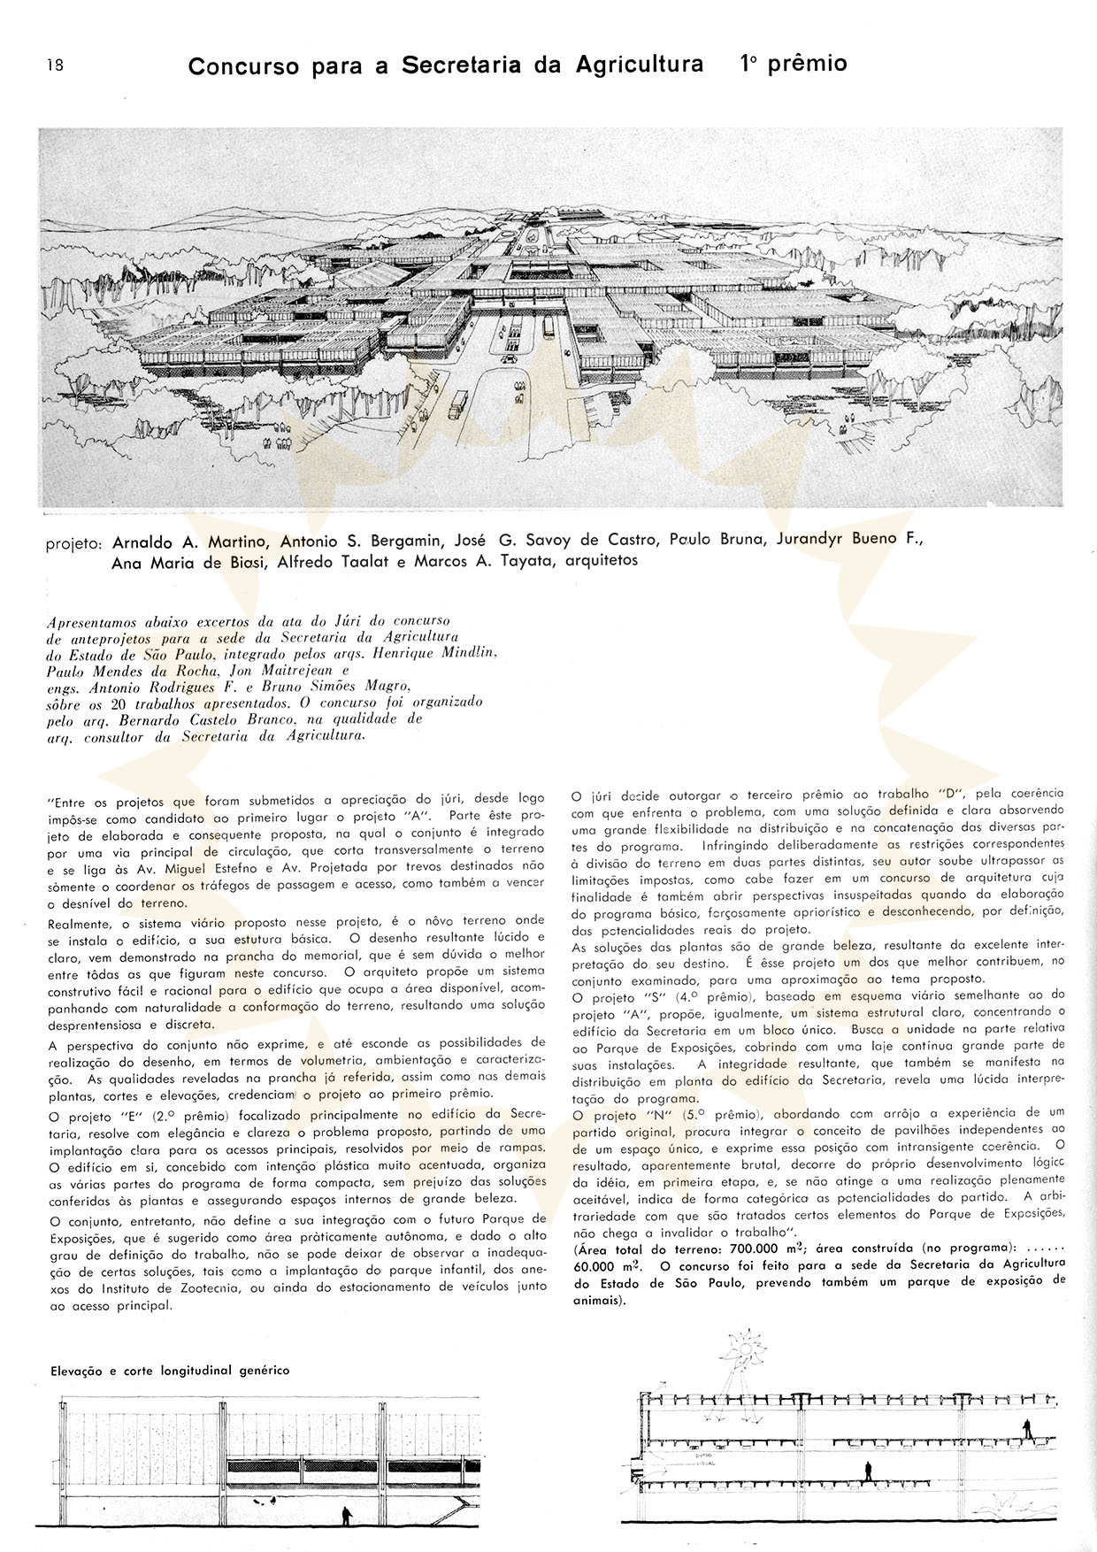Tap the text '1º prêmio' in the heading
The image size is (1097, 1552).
tap(793, 64)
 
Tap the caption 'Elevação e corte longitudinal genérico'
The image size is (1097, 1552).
tap(168, 1371)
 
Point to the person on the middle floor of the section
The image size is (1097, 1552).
tap(868, 1470)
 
